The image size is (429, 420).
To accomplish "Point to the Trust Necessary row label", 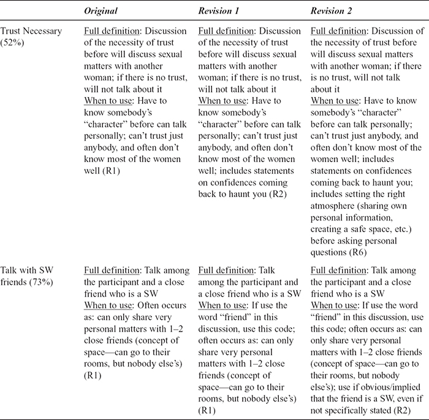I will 30,31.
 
